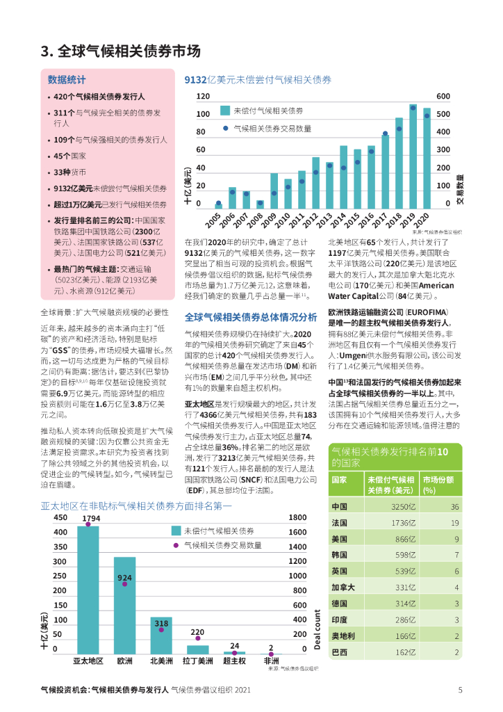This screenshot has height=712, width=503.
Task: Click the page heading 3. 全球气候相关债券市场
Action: click(x=121, y=51)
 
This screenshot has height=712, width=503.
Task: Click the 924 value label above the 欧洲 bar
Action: click(x=125, y=578)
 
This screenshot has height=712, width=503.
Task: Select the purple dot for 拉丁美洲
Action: click(x=198, y=638)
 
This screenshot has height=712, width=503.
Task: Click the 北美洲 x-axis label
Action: click(x=162, y=661)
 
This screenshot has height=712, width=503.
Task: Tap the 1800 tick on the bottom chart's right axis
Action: click(x=297, y=517)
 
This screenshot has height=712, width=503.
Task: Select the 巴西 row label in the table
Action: click(x=340, y=652)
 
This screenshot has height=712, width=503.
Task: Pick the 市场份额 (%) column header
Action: click(x=438, y=485)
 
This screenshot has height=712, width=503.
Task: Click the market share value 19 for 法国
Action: click(x=455, y=523)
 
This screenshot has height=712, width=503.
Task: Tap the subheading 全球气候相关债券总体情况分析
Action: click(x=251, y=317)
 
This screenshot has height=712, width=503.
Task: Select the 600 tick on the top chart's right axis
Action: click(x=443, y=96)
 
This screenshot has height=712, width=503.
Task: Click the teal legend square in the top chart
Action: click(x=224, y=111)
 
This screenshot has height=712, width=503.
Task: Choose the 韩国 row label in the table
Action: click(x=340, y=555)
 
